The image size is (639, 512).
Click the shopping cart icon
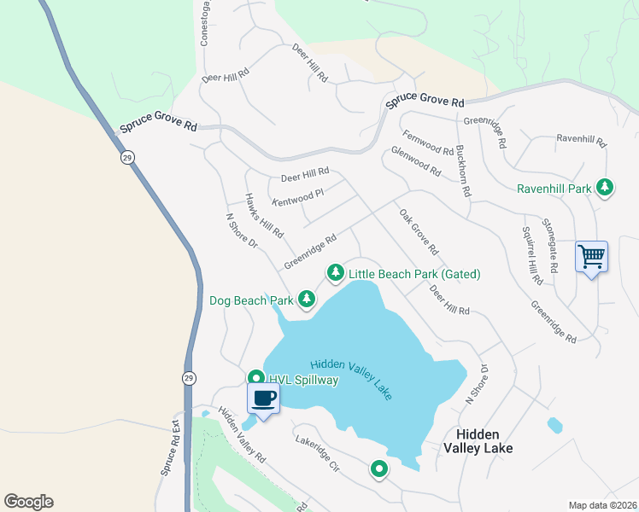pos(591,256)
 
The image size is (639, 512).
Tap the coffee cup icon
pos(263,398)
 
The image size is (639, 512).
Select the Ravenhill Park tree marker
pos(606,188)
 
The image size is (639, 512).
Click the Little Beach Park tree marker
pos(336,273)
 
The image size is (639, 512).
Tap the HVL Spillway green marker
pos(255,379)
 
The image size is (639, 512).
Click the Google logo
pos(28,502)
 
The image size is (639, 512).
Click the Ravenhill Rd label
pos(580,139)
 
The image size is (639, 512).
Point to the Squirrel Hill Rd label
pos(531,255)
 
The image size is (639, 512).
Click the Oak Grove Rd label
pos(419,231)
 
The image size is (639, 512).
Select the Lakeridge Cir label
pos(318,455)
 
